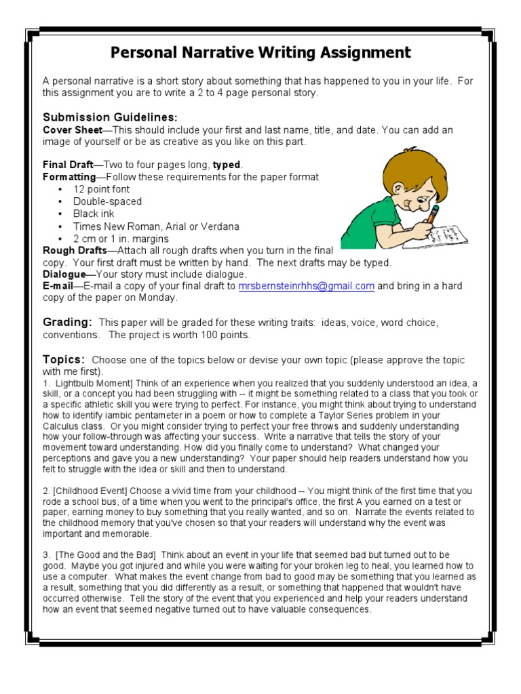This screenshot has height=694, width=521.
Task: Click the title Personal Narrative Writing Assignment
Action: coord(260,52)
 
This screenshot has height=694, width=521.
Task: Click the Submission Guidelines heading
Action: coord(111,117)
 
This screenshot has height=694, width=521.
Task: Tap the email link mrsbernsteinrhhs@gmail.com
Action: coord(306,287)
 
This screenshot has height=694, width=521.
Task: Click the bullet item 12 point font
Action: coord(102,189)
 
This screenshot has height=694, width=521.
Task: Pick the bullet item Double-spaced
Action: coord(108,201)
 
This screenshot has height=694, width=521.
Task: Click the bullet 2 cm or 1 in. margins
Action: coord(121,239)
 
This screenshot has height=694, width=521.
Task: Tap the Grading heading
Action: coord(67,323)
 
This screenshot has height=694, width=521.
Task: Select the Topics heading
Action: coord(64,359)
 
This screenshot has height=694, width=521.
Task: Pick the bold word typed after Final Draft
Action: coord(227,165)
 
